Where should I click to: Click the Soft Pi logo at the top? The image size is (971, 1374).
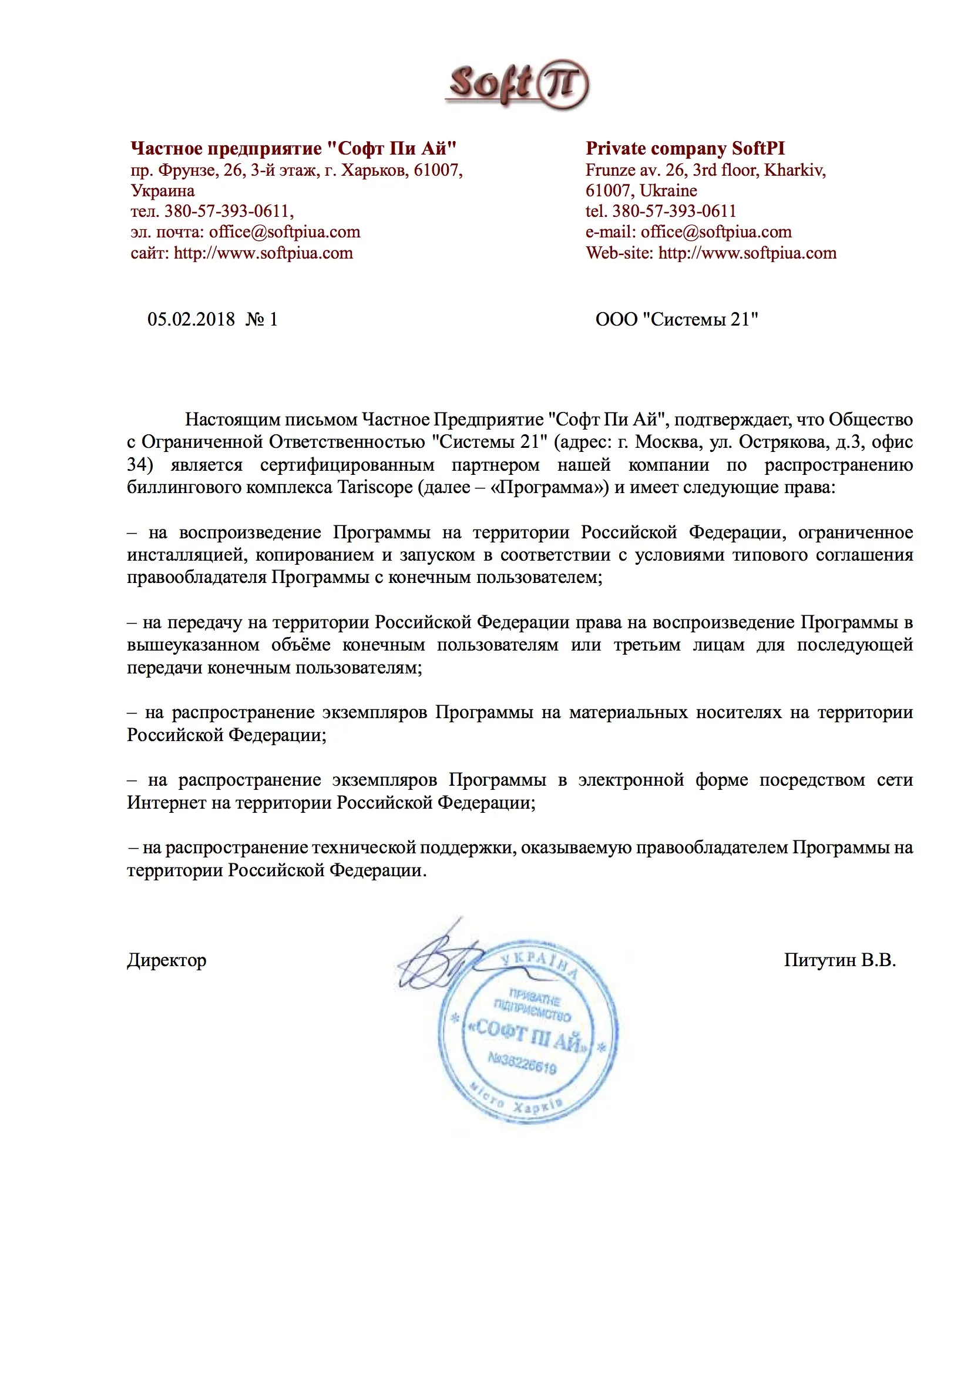click(x=517, y=85)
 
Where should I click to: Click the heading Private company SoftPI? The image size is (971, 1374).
click(x=684, y=149)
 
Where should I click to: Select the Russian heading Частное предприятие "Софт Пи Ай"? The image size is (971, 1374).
click(x=293, y=149)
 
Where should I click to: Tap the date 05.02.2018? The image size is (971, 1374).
click(x=191, y=319)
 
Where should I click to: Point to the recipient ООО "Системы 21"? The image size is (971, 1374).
click(x=676, y=319)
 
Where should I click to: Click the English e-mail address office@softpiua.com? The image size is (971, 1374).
click(x=715, y=232)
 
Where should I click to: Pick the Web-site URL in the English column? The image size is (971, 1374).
click(x=747, y=253)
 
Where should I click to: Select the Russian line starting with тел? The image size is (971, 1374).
click(x=212, y=210)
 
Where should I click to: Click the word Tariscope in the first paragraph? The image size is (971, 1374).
click(x=375, y=487)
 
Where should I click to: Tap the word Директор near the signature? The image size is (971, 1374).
click(x=166, y=960)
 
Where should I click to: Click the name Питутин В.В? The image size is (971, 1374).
click(x=839, y=960)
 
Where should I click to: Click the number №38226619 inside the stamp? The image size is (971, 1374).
click(x=522, y=1064)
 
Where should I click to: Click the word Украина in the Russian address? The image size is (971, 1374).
click(x=163, y=190)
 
